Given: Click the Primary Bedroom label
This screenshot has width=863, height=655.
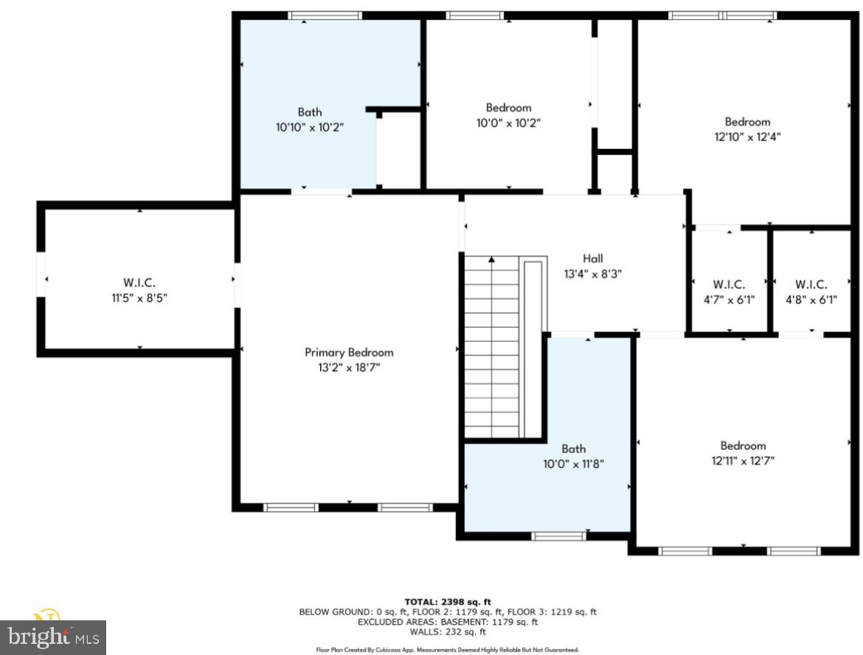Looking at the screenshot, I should (349, 353).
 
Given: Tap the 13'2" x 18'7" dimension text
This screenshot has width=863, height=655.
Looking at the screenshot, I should (349, 367).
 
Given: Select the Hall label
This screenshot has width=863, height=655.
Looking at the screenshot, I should (592, 258).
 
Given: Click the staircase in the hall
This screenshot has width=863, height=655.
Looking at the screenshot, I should (492, 347).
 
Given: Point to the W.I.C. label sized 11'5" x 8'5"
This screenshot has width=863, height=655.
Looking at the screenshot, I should (139, 283).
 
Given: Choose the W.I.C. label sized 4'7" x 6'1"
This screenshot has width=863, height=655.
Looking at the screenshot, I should (729, 285).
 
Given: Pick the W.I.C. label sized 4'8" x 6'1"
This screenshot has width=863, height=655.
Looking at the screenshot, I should (811, 285).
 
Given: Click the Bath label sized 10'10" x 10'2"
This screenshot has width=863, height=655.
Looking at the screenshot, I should (310, 112).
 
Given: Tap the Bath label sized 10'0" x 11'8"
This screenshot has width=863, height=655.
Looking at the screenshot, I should (573, 448).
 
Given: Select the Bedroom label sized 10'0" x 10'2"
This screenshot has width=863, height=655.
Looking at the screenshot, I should (508, 108).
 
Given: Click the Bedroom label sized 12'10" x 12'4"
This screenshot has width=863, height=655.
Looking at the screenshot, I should (747, 122).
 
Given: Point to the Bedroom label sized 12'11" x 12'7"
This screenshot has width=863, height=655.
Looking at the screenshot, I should (743, 446).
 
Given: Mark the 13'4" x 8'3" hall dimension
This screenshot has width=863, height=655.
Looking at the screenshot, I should (592, 272).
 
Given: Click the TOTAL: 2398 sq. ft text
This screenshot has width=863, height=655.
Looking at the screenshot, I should (447, 603).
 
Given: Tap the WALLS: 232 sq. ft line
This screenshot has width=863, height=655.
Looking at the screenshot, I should (447, 632).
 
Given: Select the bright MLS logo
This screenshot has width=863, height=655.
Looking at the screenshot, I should (53, 636).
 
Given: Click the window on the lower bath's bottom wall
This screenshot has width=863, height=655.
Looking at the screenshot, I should (559, 536).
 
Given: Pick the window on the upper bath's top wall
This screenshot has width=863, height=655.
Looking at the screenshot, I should (325, 15).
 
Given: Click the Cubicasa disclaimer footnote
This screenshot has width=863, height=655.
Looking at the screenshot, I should (447, 650).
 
